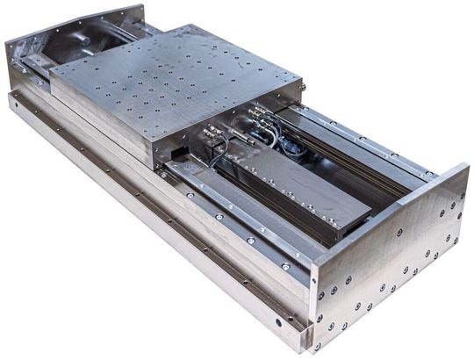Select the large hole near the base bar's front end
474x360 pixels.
279,322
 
